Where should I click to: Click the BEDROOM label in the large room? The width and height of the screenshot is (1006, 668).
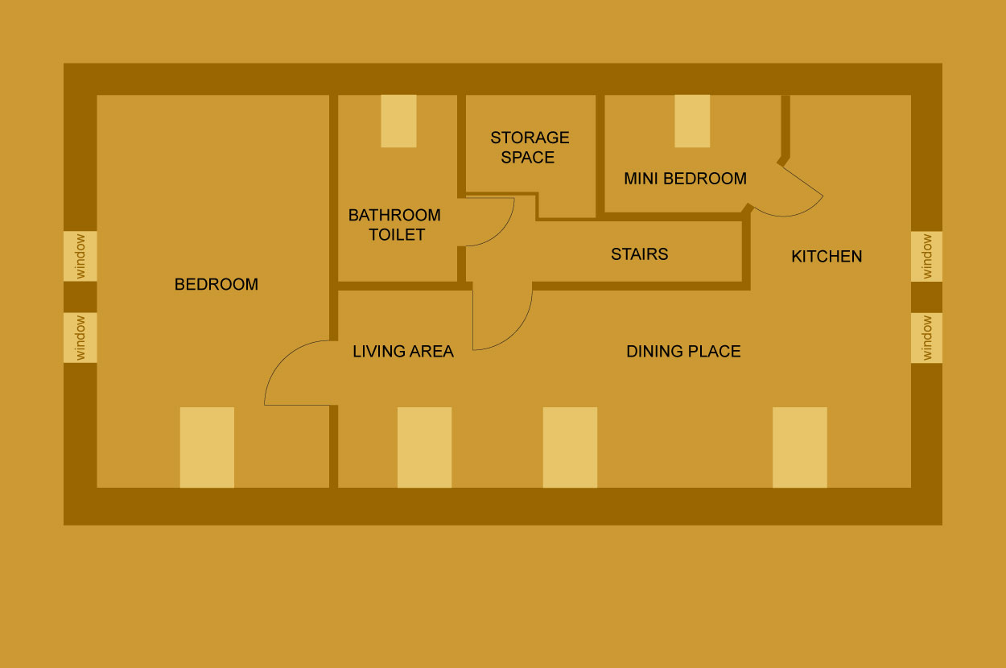click(216, 285)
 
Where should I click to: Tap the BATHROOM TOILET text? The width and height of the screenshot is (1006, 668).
click(394, 225)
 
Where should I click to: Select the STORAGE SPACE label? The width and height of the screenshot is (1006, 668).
click(529, 147)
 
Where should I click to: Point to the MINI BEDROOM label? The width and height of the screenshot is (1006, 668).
click(685, 179)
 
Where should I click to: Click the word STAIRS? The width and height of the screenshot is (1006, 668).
click(639, 254)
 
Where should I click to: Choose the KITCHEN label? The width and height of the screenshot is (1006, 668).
click(827, 257)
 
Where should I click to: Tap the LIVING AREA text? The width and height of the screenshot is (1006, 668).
click(402, 352)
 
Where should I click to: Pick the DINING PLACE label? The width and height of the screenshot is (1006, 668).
click(683, 352)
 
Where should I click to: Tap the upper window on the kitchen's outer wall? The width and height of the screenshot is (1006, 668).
click(926, 256)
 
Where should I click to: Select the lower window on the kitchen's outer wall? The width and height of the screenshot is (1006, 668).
click(926, 338)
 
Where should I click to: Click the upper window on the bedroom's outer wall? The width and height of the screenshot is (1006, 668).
click(80, 256)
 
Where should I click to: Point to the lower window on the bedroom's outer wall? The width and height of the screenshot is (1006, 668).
click(80, 338)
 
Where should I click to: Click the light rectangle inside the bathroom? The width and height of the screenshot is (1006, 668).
click(398, 121)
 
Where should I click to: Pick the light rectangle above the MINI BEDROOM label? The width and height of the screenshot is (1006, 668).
click(692, 121)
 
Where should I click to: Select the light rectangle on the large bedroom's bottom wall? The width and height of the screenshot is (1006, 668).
click(207, 447)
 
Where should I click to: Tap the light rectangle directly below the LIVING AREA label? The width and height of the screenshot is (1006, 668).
click(424, 447)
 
